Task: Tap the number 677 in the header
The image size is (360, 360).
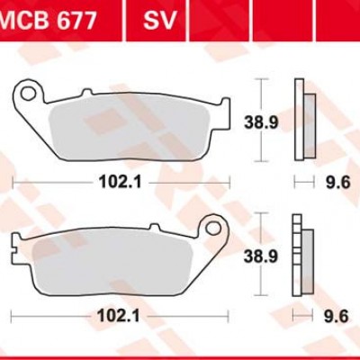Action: click(75, 20)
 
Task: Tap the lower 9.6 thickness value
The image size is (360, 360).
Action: click(336, 316)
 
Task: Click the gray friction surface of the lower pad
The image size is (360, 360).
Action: click(117, 262)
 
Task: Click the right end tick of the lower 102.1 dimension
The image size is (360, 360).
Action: click(226, 316)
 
